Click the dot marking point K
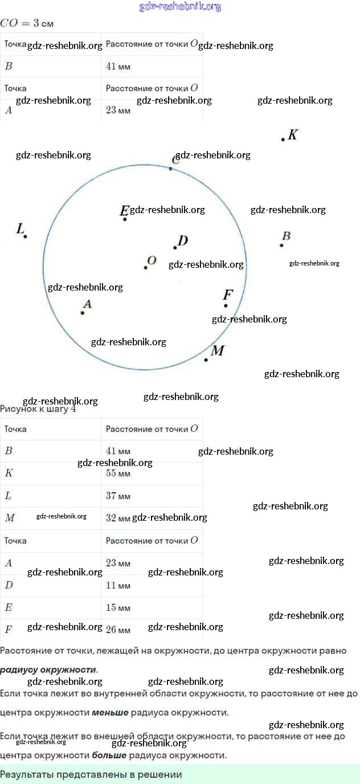click(x=283, y=139)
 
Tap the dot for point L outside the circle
click(x=26, y=236)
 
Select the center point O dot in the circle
click(x=146, y=267)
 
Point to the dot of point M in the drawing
click(x=206, y=360)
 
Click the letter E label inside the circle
click(x=124, y=211)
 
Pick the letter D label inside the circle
click(x=183, y=241)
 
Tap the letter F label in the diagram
click(x=228, y=295)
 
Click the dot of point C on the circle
click(x=170, y=169)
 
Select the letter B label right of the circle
click(x=287, y=236)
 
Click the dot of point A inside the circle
click(x=83, y=313)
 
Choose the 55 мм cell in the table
click(x=118, y=473)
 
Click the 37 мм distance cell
click(x=118, y=496)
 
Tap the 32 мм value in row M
click(x=118, y=518)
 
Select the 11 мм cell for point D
click(x=118, y=585)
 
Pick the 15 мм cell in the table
click(x=118, y=607)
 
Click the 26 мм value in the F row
click(x=118, y=630)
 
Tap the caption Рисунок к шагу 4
click(x=38, y=409)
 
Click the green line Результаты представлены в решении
click(x=91, y=774)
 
